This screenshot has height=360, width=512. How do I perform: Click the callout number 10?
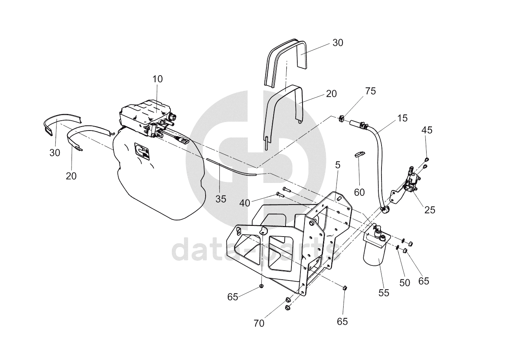coord(157,79)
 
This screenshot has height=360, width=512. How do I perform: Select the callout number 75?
coord(370,91)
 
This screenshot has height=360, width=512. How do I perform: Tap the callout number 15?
coord(402,118)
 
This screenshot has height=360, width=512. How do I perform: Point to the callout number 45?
coord(427,130)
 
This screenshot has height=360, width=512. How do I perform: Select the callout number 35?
coord(221,199)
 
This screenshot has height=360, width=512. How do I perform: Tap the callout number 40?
coord(245,203)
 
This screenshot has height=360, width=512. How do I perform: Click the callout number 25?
coord(430,210)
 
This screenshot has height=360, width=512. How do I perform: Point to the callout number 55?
coord(384,293)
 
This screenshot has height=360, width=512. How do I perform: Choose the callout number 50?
coord(405,283)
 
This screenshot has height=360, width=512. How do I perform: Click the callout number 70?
coord(259,323)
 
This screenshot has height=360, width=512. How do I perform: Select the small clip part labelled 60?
coord(359,154)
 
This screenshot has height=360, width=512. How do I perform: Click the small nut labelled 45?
coord(426,159)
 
